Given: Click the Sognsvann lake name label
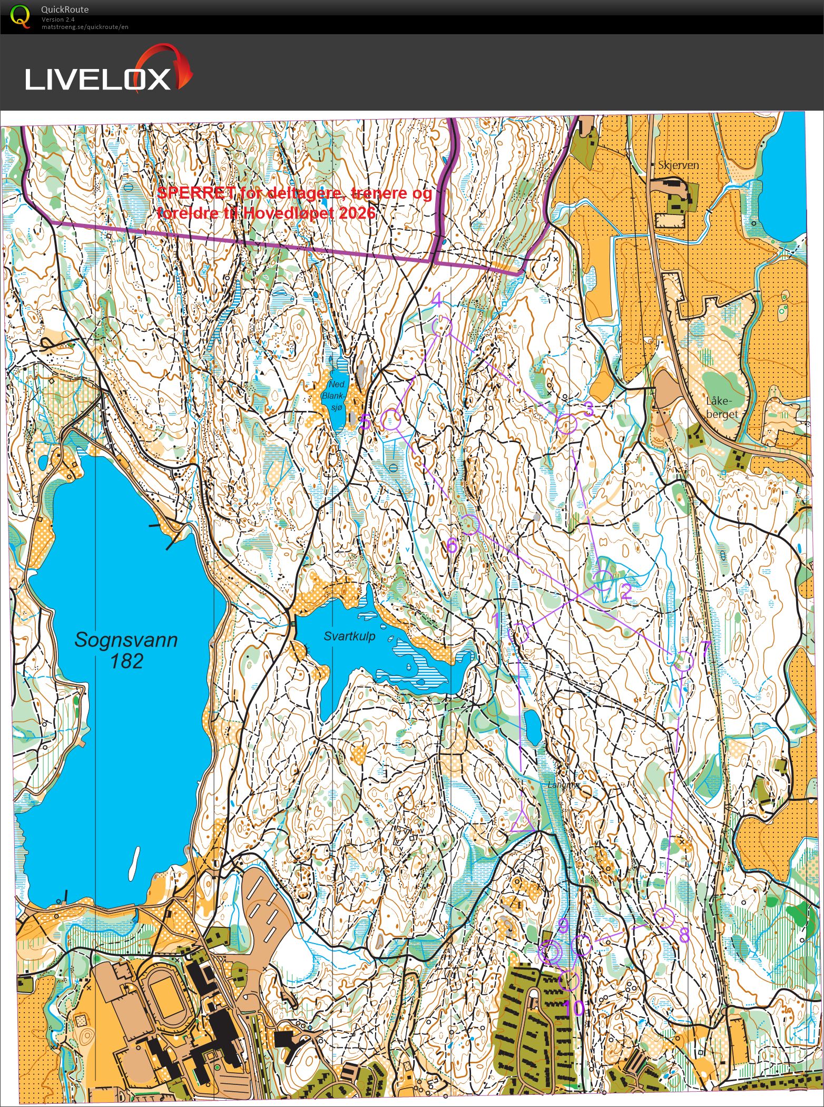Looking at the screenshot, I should [x=125, y=640].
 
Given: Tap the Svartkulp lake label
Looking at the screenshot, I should [x=349, y=636].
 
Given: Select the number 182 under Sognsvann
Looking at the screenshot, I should [x=126, y=661].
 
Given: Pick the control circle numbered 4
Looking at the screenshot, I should [x=442, y=326].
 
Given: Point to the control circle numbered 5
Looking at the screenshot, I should [x=391, y=419].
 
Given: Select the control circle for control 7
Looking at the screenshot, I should [x=683, y=661].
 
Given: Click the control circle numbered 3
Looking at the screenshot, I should [x=567, y=424].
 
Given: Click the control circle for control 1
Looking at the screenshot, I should [x=519, y=633].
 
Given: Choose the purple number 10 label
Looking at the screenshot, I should [x=574, y=1008].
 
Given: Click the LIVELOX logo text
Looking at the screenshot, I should [x=98, y=79].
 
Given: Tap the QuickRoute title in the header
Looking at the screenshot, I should [x=64, y=9].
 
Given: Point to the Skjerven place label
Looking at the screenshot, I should [x=678, y=165].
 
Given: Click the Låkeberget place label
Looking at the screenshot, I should [x=722, y=407].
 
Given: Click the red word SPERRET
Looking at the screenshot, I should [x=196, y=193].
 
